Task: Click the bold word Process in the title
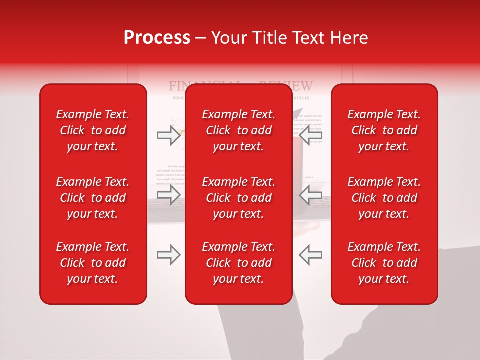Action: pos(157,38)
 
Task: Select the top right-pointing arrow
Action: pos(168,135)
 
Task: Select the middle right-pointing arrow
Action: pos(168,195)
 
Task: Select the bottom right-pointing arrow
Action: pos(168,255)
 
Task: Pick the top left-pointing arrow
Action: pos(310,135)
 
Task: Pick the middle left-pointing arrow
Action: pos(310,195)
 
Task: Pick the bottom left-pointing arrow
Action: pos(310,255)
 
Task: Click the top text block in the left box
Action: pos(93,130)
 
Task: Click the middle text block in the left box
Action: pos(93,198)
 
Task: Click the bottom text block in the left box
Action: pos(93,263)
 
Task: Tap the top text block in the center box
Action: pos(238,130)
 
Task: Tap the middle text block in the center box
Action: pos(238,198)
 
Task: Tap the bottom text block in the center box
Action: pos(238,263)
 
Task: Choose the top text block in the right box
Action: pos(384,130)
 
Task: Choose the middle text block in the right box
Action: pos(384,198)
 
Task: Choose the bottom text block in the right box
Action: pos(384,263)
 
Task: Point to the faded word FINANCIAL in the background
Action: pos(177,86)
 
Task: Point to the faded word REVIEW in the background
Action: pos(303,86)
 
